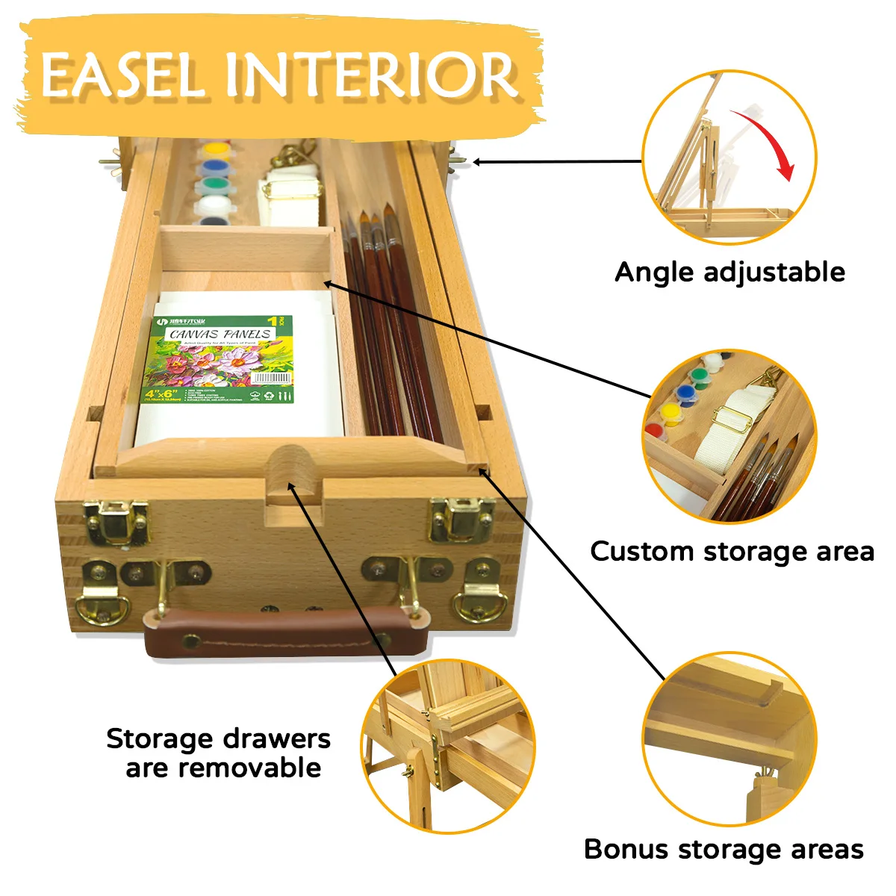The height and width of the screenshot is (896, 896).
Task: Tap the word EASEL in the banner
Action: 123,75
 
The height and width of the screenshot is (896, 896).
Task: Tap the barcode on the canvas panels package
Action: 273,379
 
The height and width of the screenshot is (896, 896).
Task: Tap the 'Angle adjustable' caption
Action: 729,272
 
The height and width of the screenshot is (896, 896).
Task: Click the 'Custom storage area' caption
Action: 732,552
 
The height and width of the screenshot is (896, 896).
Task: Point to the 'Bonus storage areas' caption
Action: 724,849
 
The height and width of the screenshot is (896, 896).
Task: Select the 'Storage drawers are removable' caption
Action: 218,753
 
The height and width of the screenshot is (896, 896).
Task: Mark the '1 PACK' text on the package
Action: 279,321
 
